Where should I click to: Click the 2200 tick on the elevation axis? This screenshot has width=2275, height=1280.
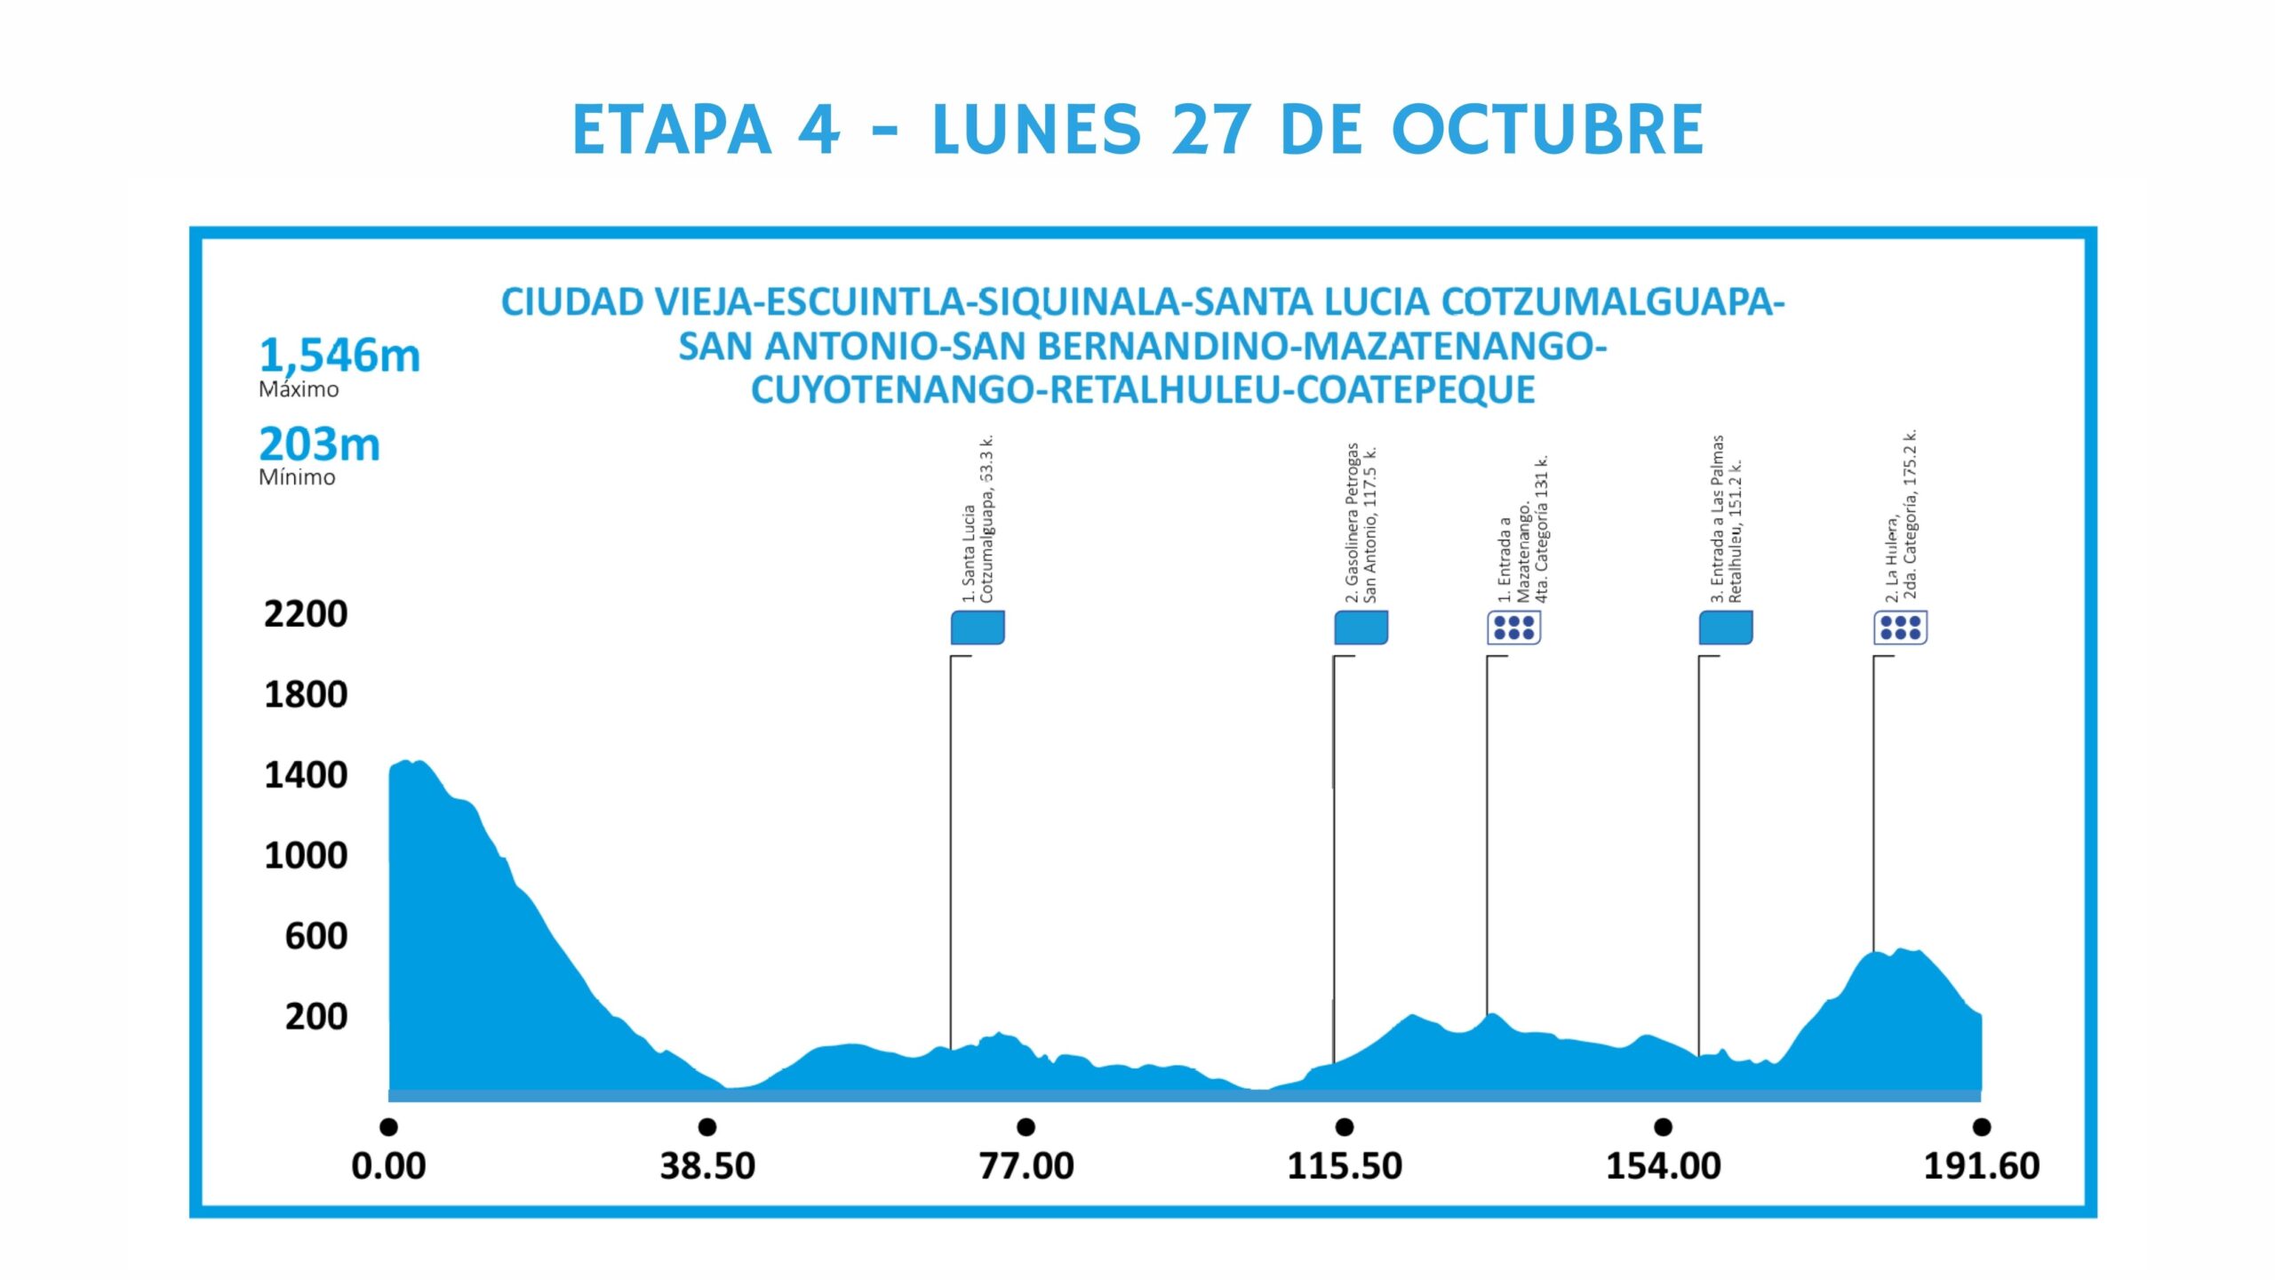[305, 614]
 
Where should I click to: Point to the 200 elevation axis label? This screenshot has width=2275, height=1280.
[315, 1016]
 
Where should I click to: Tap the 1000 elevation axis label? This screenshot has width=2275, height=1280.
[305, 855]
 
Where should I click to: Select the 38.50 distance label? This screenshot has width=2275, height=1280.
[707, 1165]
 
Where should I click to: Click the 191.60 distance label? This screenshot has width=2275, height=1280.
[1981, 1165]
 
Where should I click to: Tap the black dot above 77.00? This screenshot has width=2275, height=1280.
[1026, 1127]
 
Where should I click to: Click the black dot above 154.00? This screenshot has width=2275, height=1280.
[1663, 1127]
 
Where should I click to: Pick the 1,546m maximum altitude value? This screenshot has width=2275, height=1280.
[339, 356]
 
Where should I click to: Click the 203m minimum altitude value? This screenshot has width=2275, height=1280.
[319, 444]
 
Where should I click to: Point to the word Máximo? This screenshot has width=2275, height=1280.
[299, 389]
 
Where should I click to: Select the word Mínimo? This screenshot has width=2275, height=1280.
[297, 477]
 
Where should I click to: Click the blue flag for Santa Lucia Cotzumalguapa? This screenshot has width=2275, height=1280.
[978, 628]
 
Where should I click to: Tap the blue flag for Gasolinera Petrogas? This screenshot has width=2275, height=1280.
[1361, 628]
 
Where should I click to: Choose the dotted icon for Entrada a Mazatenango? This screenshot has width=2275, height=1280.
[1513, 628]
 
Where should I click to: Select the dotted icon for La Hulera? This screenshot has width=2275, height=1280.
[1900, 628]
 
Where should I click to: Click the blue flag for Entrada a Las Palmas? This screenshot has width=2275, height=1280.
[1725, 628]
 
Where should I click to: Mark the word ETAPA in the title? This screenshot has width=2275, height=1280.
[672, 130]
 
